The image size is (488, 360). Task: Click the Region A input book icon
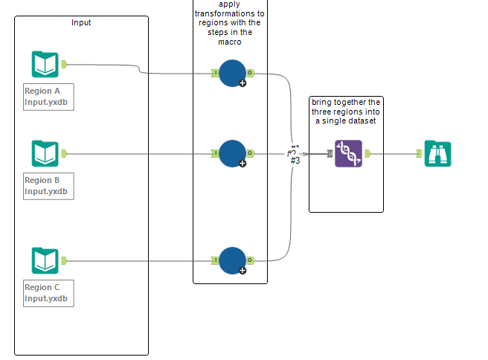[45, 65]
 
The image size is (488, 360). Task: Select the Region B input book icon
[45, 154]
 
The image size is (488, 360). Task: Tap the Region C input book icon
[45, 261]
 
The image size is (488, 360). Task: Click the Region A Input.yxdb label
[49, 97]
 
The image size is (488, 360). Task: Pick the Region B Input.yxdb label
[49, 186]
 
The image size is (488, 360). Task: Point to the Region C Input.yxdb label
[49, 293]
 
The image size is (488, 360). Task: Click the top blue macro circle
[232, 73]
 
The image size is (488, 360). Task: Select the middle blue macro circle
[232, 153]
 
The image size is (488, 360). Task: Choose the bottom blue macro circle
[232, 260]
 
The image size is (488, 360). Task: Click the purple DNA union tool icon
[348, 154]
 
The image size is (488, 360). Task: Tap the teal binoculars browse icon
[437, 154]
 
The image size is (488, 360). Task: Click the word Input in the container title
[82, 22]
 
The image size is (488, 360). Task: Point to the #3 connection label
[295, 161]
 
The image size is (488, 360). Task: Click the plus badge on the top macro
[242, 83]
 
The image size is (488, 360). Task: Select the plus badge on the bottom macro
[242, 271]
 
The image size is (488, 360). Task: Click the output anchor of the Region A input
[64, 65]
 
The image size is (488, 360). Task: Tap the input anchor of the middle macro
[214, 154]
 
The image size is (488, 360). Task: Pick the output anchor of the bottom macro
[251, 260]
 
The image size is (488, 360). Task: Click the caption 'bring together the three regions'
[347, 111]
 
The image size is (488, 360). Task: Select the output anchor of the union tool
[367, 154]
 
